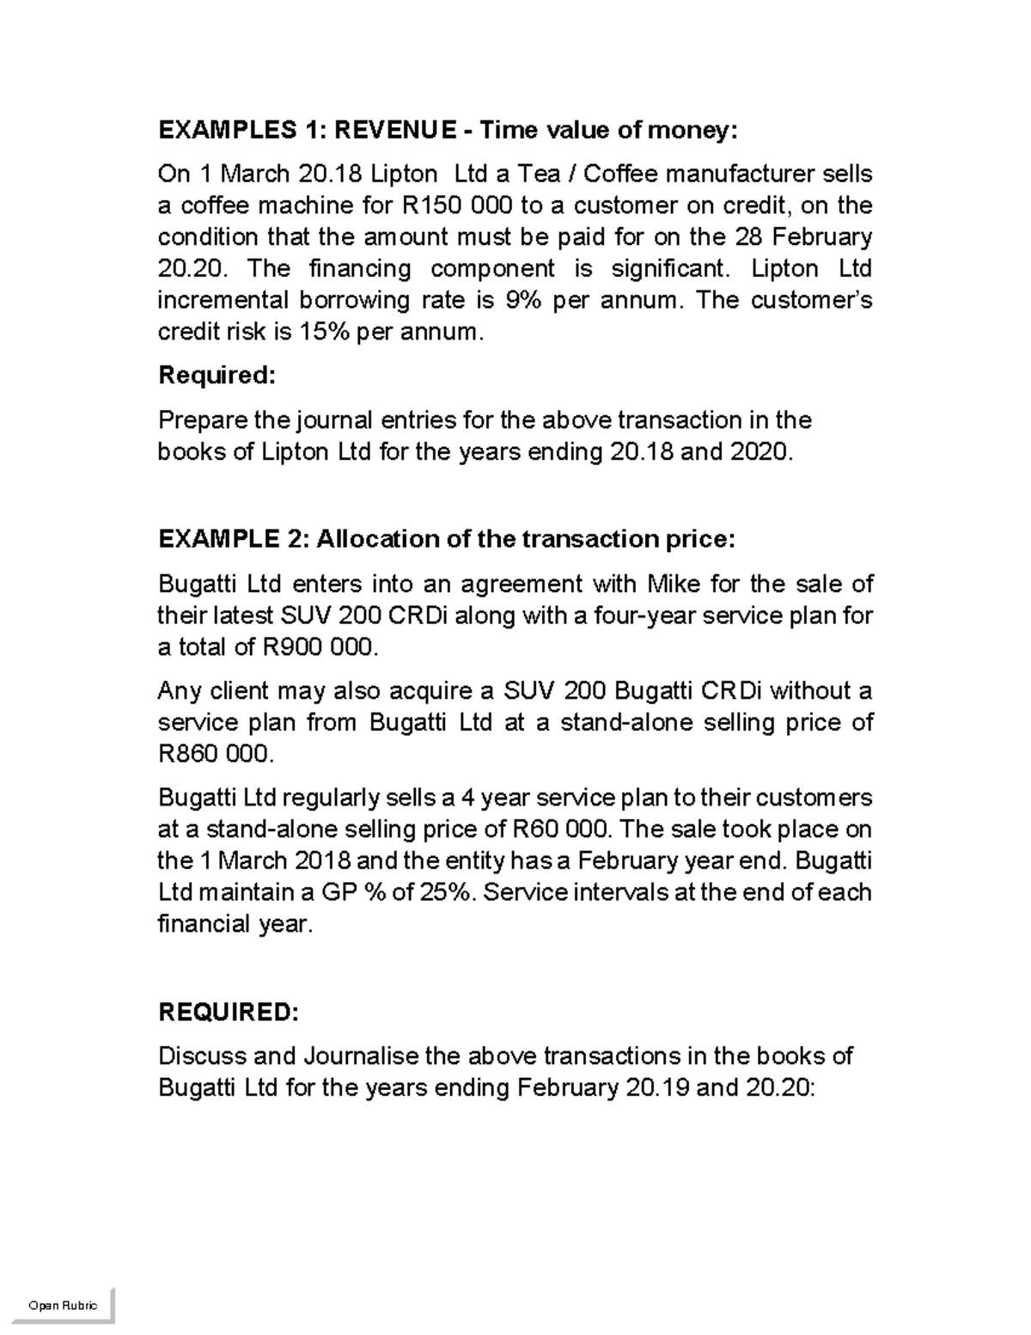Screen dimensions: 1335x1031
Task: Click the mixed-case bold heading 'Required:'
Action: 217,376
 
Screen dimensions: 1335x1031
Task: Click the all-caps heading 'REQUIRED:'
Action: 229,1012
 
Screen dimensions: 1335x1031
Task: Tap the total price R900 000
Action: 316,647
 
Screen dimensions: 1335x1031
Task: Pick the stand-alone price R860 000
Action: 216,754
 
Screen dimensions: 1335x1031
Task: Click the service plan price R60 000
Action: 559,830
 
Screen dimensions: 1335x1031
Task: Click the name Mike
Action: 674,585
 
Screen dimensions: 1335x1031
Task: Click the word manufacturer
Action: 740,175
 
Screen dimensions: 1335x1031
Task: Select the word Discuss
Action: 206,1056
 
